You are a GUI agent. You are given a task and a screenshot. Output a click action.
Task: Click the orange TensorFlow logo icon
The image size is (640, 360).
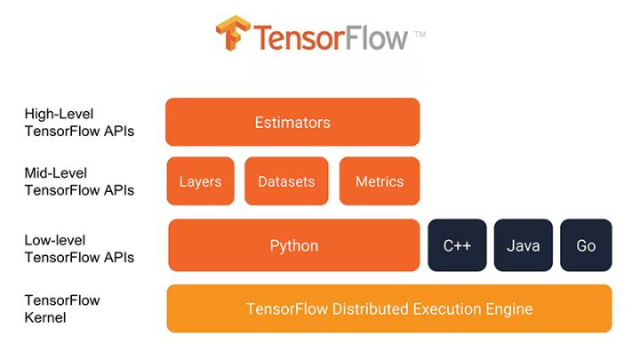coord(234,35)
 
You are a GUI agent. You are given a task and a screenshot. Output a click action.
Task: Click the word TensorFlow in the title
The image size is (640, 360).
coord(331,37)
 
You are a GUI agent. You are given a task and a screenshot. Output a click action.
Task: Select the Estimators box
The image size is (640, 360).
coord(292,123)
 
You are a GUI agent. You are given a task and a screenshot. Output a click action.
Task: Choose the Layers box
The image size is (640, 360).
coord(200,181)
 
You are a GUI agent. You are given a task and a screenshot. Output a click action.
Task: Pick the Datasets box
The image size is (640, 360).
coord(286,181)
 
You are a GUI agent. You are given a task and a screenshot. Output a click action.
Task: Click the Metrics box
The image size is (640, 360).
coord(380,181)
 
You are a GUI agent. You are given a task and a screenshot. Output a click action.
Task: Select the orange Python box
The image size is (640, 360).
coord(294,245)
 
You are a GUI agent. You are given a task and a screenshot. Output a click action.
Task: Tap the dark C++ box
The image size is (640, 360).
coord(457,245)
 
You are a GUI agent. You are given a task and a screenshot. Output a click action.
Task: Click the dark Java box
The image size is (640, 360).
coord(524,245)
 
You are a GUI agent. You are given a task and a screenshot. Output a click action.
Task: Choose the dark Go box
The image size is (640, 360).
coord(586,245)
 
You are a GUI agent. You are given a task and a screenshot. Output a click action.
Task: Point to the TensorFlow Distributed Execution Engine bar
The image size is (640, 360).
coord(389,309)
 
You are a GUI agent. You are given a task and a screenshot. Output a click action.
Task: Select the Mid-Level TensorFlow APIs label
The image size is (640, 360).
coord(79,181)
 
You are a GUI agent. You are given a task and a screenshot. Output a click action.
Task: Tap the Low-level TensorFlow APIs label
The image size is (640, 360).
coord(79,249)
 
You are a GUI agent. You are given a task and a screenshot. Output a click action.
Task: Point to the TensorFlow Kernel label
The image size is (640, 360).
coord(62,308)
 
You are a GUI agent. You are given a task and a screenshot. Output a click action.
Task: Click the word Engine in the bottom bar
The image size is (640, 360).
coord(509,309)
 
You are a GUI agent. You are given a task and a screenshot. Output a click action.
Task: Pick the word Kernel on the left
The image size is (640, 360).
coord(44,317)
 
